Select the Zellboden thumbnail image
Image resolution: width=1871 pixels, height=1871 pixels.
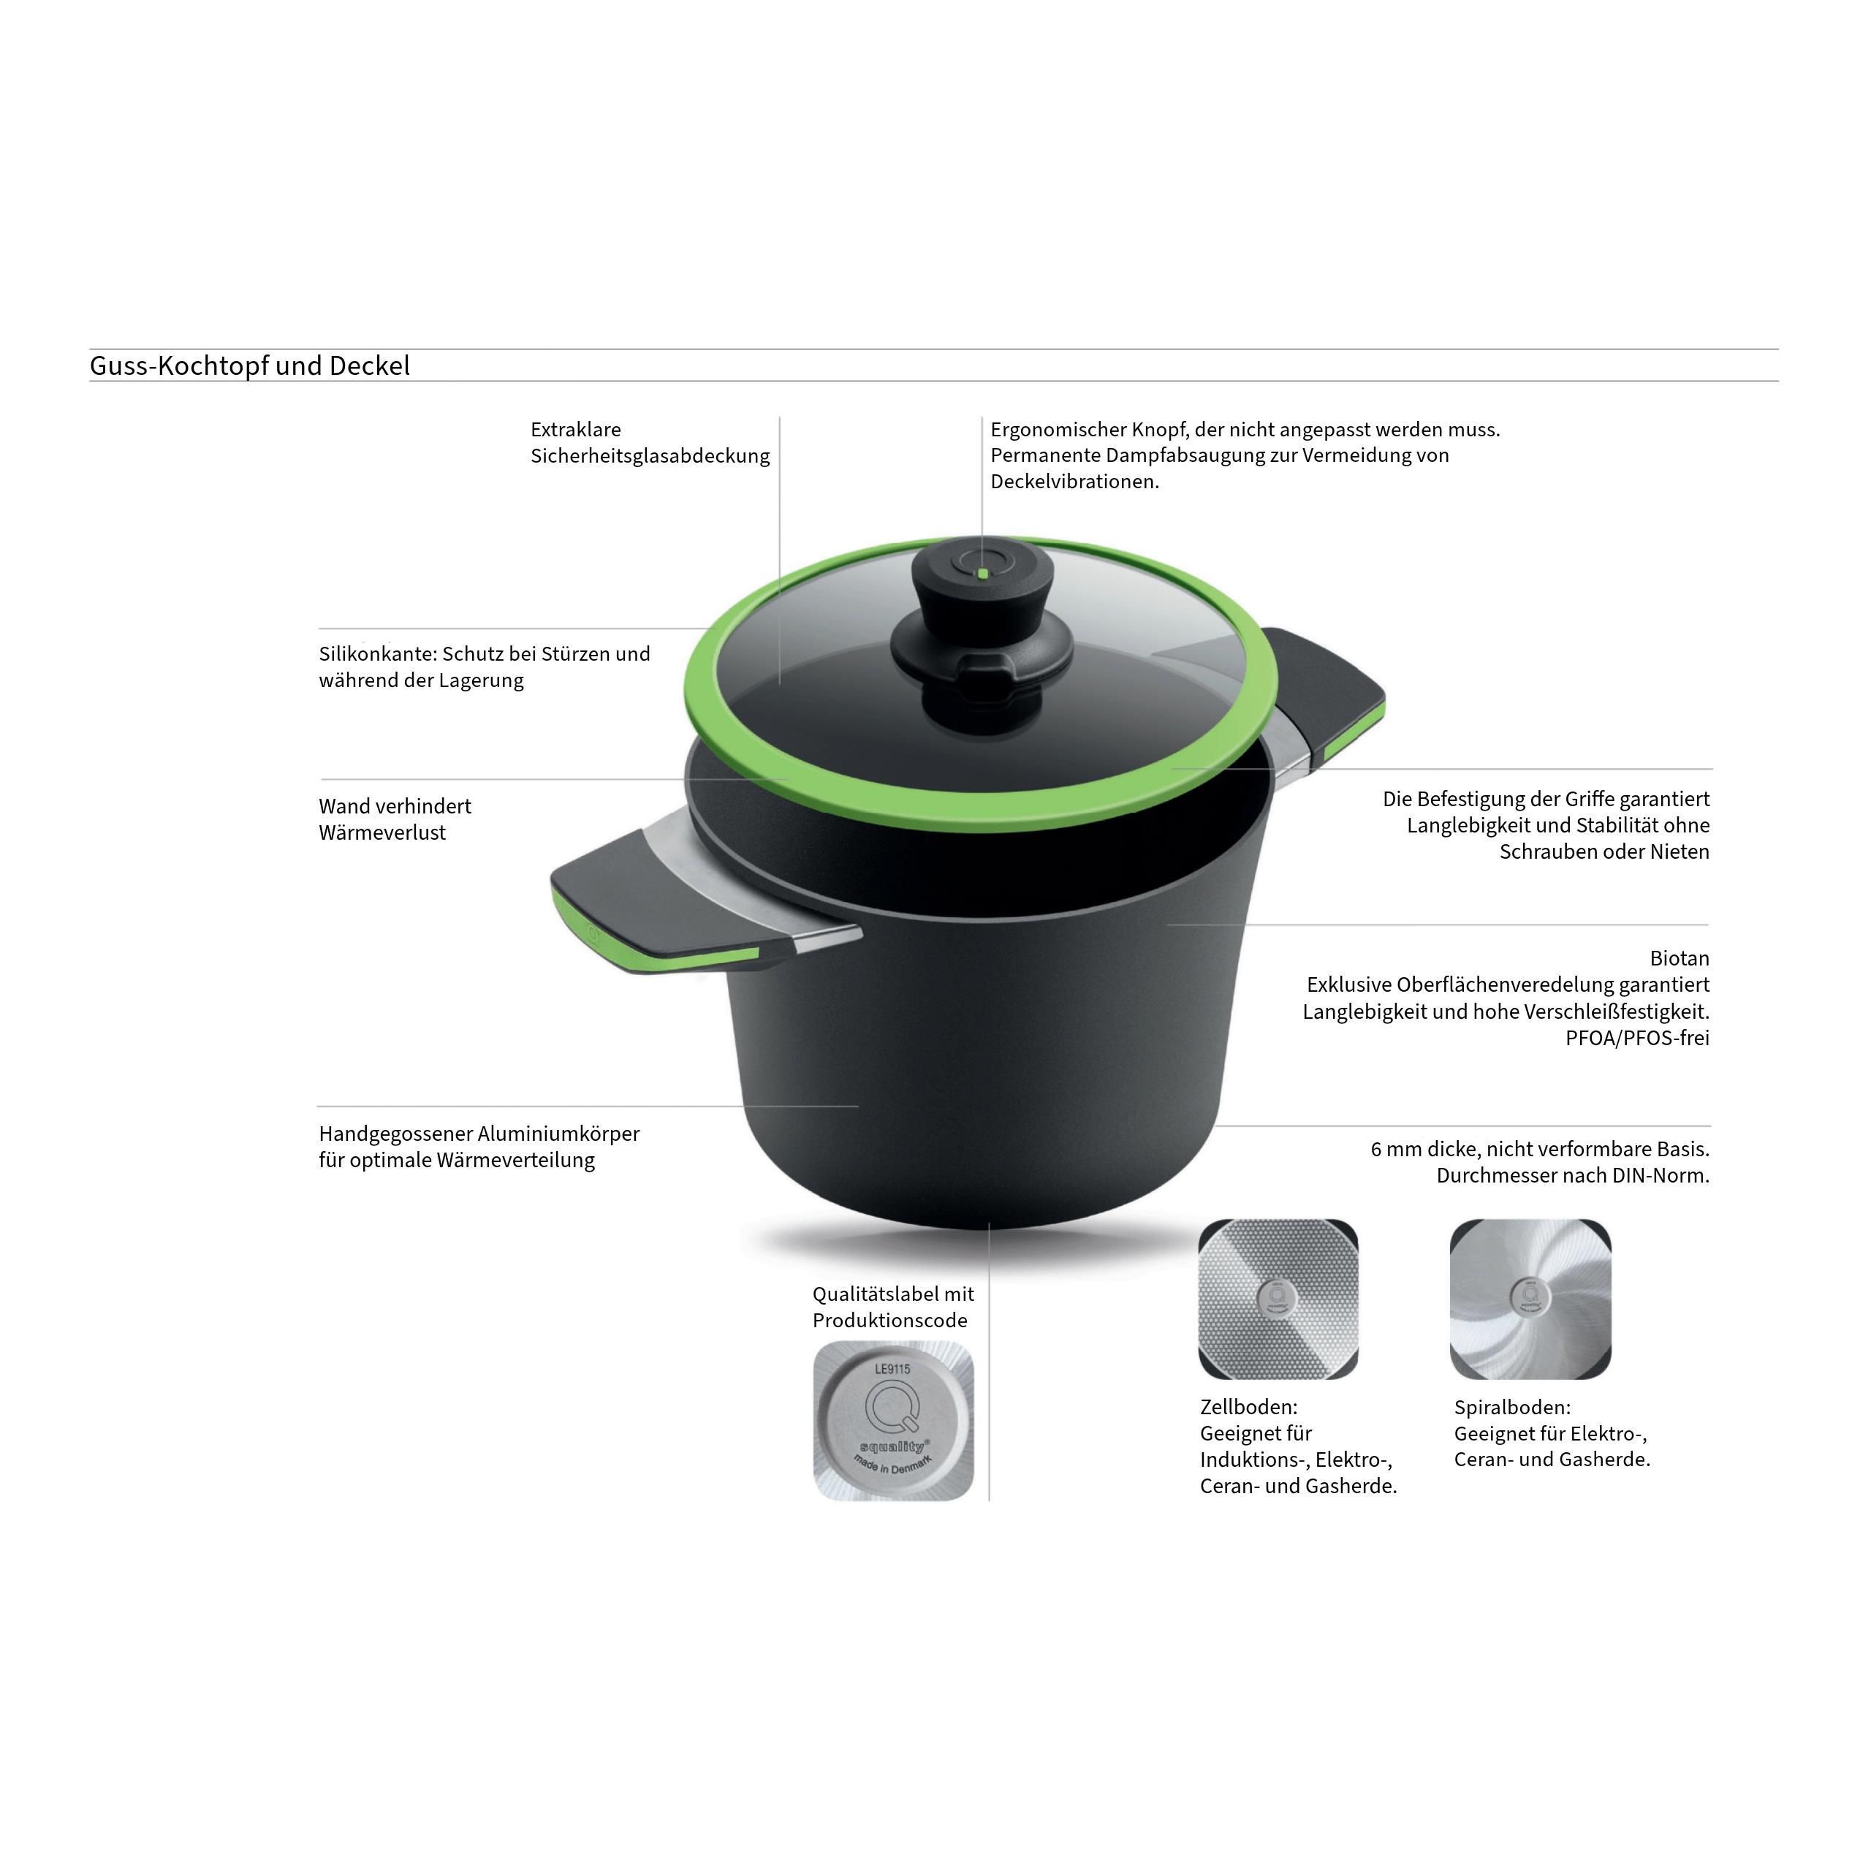click(1278, 1299)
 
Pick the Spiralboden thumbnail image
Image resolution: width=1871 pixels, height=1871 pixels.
click(1530, 1299)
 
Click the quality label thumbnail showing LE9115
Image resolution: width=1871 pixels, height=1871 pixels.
click(893, 1421)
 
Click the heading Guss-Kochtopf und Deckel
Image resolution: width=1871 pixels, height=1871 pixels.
click(250, 366)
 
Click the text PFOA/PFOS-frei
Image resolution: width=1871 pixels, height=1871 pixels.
click(1638, 1037)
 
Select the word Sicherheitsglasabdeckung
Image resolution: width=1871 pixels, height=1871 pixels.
click(650, 456)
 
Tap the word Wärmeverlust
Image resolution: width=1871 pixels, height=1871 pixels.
click(382, 833)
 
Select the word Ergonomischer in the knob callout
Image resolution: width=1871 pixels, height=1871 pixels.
click(1058, 430)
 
